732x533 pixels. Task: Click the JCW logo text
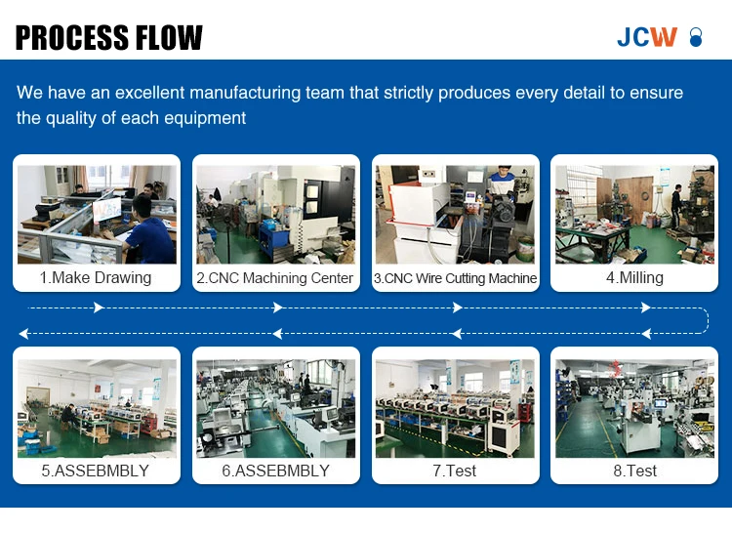pyautogui.click(x=647, y=37)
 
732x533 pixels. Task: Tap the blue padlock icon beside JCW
pyautogui.click(x=696, y=37)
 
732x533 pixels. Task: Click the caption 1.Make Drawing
pyautogui.click(x=96, y=277)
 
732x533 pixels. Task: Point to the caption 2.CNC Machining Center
pyautogui.click(x=275, y=278)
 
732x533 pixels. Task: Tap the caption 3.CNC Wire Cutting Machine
pyautogui.click(x=455, y=278)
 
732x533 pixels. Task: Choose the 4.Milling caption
pyautogui.click(x=635, y=277)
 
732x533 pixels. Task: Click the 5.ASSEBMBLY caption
pyautogui.click(x=96, y=471)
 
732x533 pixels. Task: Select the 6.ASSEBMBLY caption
pyautogui.click(x=276, y=471)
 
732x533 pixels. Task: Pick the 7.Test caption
pyautogui.click(x=455, y=471)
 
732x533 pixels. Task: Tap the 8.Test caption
pyautogui.click(x=635, y=471)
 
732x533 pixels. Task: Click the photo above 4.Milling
pyautogui.click(x=635, y=214)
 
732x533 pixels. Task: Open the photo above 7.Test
pyautogui.click(x=455, y=408)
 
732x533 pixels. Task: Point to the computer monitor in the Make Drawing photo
pyautogui.click(x=107, y=211)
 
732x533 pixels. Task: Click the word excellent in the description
pyautogui.click(x=150, y=93)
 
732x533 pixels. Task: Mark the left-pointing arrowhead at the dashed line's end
pyautogui.click(x=23, y=333)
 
